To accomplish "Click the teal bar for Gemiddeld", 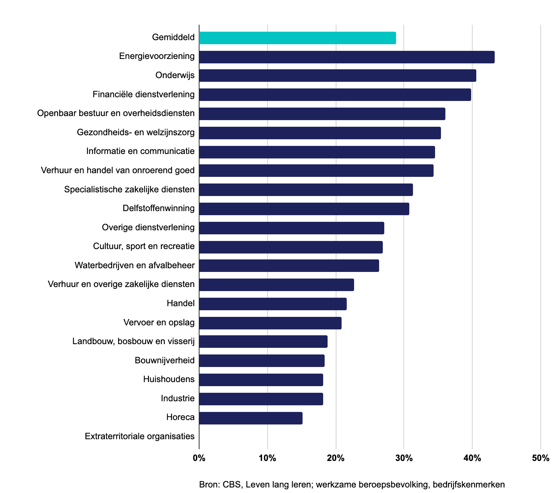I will (297, 38).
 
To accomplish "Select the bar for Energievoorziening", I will (347, 57).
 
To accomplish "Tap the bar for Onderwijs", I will (338, 76).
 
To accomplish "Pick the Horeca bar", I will (251, 418).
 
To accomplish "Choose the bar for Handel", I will (273, 304).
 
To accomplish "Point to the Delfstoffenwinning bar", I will (304, 209).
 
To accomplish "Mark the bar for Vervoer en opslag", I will (270, 323).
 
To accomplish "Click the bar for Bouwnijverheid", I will (262, 361).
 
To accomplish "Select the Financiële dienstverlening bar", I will (335, 95).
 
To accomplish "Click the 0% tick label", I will (199, 458).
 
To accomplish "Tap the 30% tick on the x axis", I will (404, 458).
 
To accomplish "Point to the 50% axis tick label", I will (540, 458).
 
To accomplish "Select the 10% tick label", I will (268, 458).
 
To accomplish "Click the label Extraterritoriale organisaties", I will (139, 437).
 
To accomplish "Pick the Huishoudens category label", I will (169, 379).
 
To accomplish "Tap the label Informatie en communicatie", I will (140, 151).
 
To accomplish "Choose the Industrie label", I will (177, 398).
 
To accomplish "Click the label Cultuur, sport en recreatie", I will (144, 246).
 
